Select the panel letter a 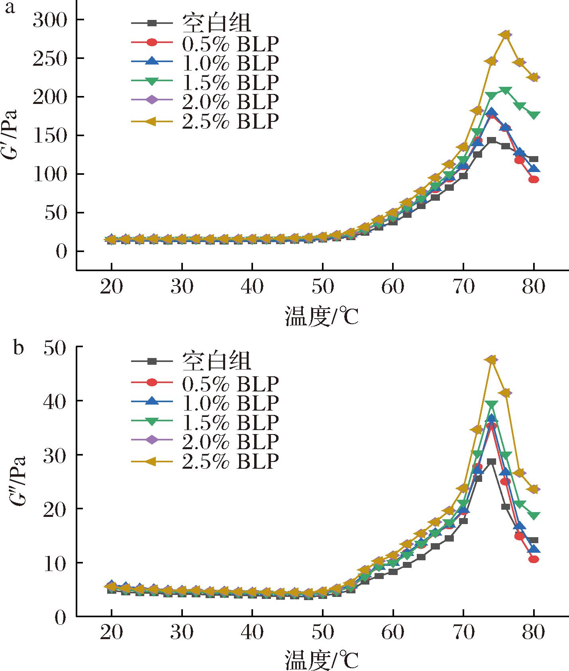pyautogui.click(x=10, y=8)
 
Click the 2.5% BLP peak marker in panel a pyautogui.click(x=506, y=35)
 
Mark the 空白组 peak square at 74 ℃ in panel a pyautogui.click(x=492, y=140)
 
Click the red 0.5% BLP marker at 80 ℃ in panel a pyautogui.click(x=534, y=180)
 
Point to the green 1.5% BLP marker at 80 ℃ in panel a pyautogui.click(x=534, y=115)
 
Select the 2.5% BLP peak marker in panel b pyautogui.click(x=492, y=360)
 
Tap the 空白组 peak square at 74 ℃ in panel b pyautogui.click(x=492, y=462)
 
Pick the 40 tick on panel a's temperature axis pyautogui.click(x=252, y=286)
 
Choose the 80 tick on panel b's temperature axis pyautogui.click(x=534, y=632)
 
